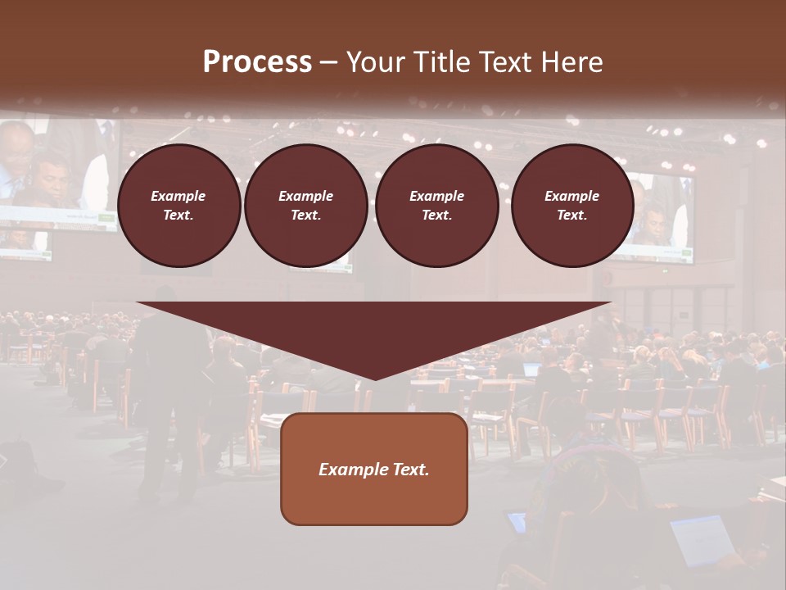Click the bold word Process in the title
pyautogui.click(x=257, y=62)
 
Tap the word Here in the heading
pyautogui.click(x=573, y=62)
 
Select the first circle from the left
pyautogui.click(x=178, y=205)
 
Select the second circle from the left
pyautogui.click(x=305, y=205)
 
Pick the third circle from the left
pyautogui.click(x=436, y=205)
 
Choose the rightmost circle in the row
pyautogui.click(x=571, y=205)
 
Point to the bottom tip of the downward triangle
pyautogui.click(x=375, y=378)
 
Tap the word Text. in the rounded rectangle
pyautogui.click(x=409, y=470)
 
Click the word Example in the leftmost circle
pyautogui.click(x=178, y=196)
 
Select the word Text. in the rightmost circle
pyautogui.click(x=571, y=215)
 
